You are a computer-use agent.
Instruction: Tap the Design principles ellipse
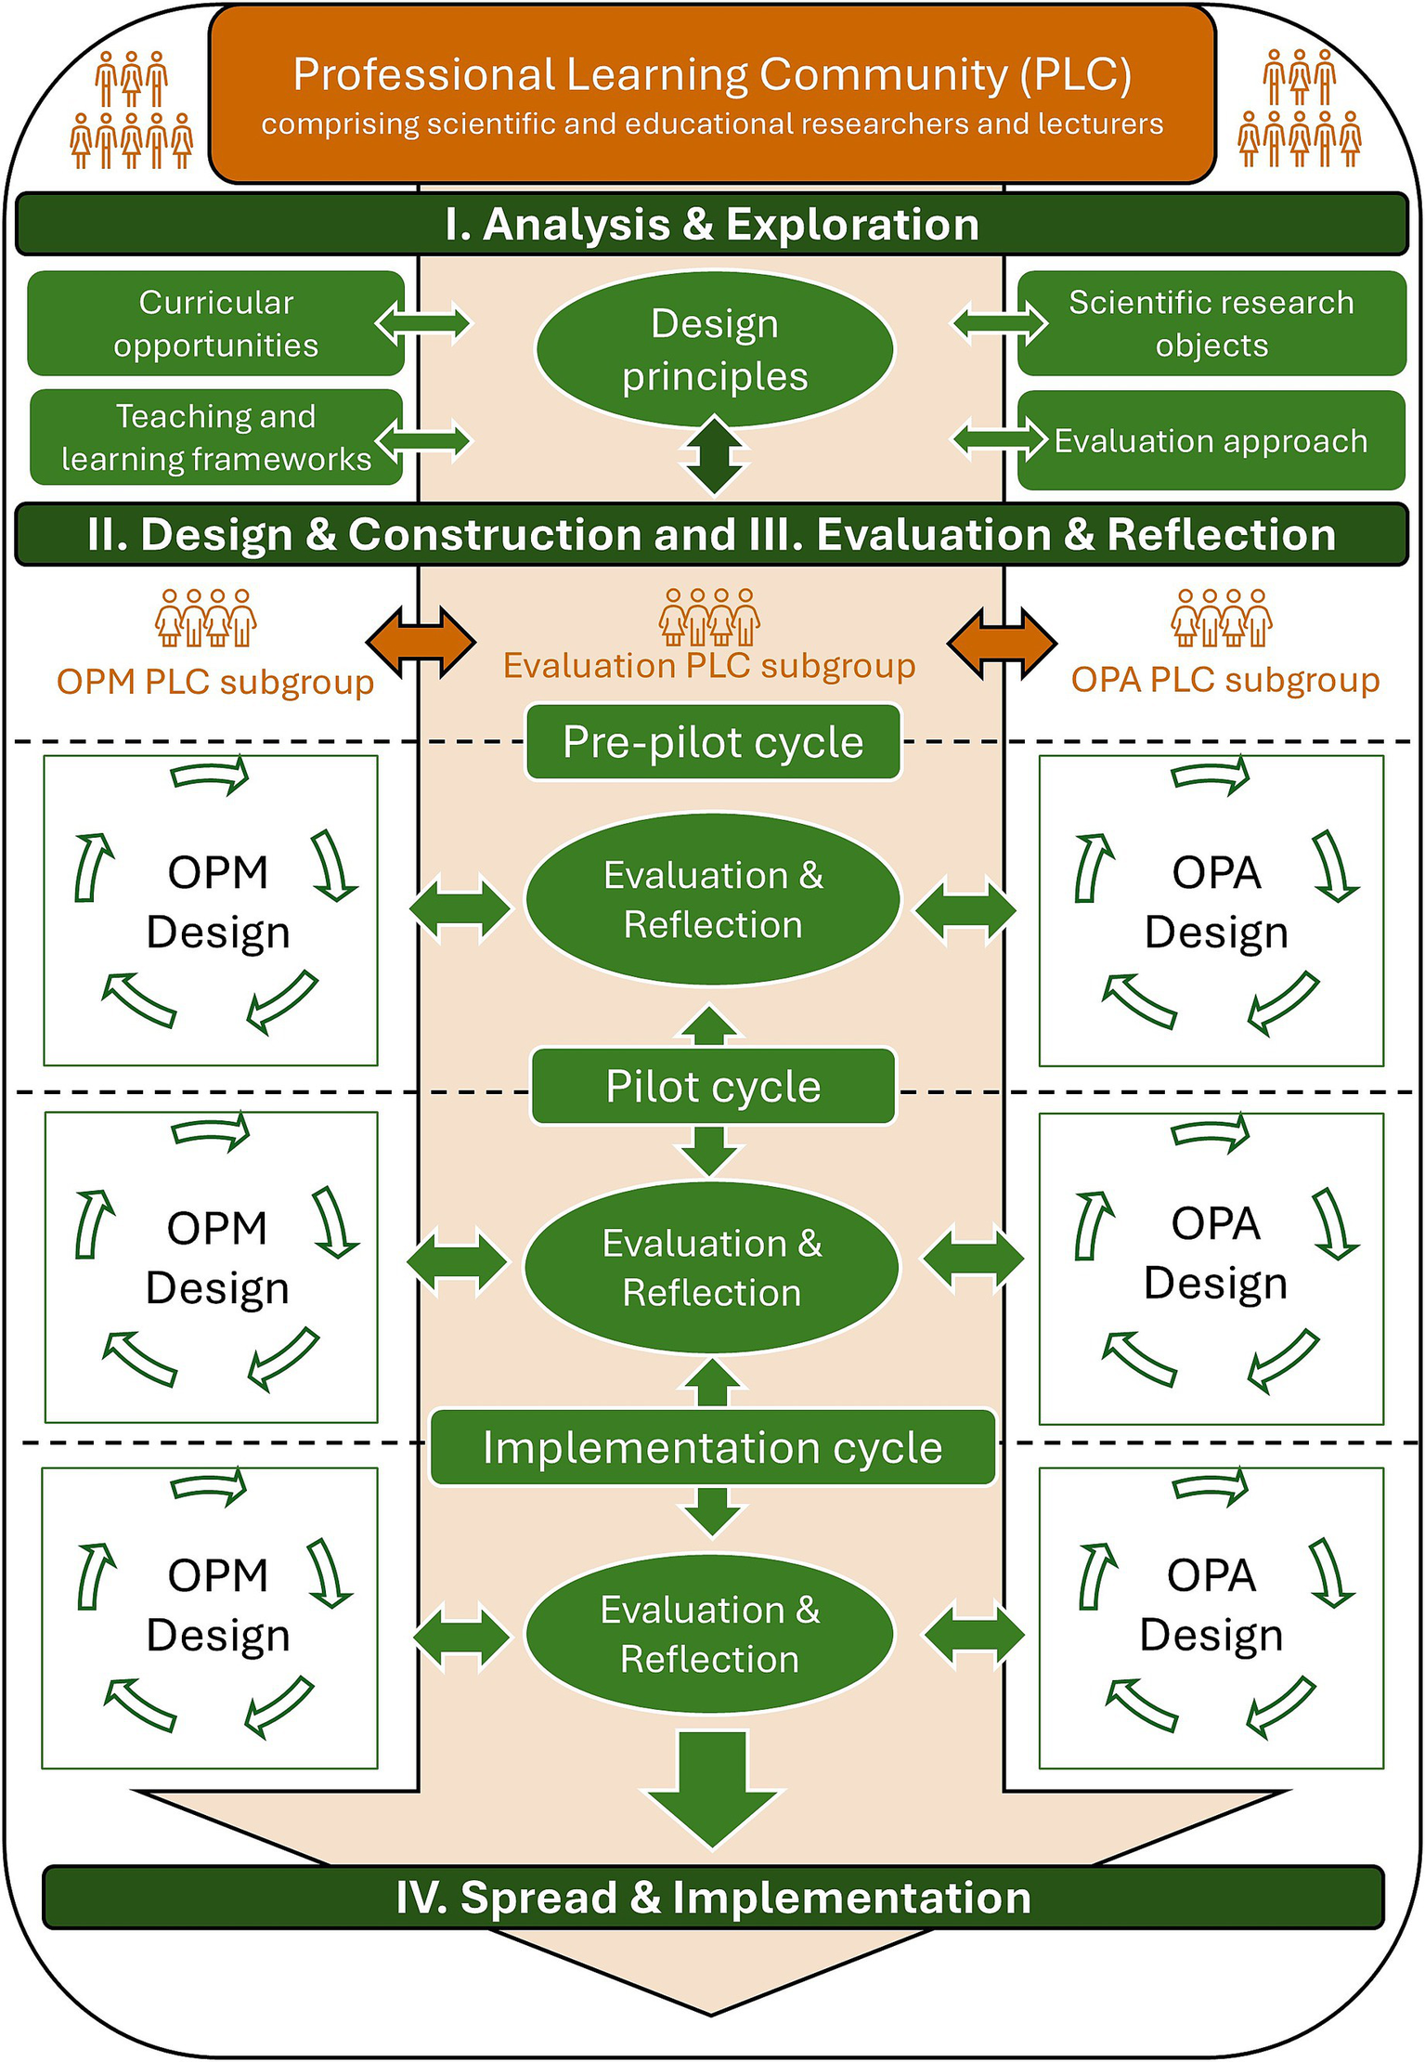[715, 349]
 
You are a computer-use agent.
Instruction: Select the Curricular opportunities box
[215, 323]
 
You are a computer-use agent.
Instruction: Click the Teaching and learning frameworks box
[215, 437]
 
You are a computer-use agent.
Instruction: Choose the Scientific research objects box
[1211, 323]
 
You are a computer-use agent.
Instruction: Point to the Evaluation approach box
[1211, 440]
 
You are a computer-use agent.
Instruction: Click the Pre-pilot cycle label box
[713, 742]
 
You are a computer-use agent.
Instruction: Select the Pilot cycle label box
[713, 1086]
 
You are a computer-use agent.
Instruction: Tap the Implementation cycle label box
[713, 1447]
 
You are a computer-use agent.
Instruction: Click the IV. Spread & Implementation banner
[713, 1898]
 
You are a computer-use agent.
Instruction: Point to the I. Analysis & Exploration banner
[712, 224]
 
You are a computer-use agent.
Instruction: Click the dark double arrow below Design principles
[714, 455]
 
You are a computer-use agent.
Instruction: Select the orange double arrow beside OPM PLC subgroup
[421, 642]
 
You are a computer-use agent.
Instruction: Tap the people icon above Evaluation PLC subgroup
[709, 617]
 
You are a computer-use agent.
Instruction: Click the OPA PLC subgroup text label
[1225, 680]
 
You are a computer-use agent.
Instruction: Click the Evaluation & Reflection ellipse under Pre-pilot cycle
[713, 899]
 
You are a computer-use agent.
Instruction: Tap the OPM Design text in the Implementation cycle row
[218, 1605]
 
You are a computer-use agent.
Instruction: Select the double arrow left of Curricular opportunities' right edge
[423, 323]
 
